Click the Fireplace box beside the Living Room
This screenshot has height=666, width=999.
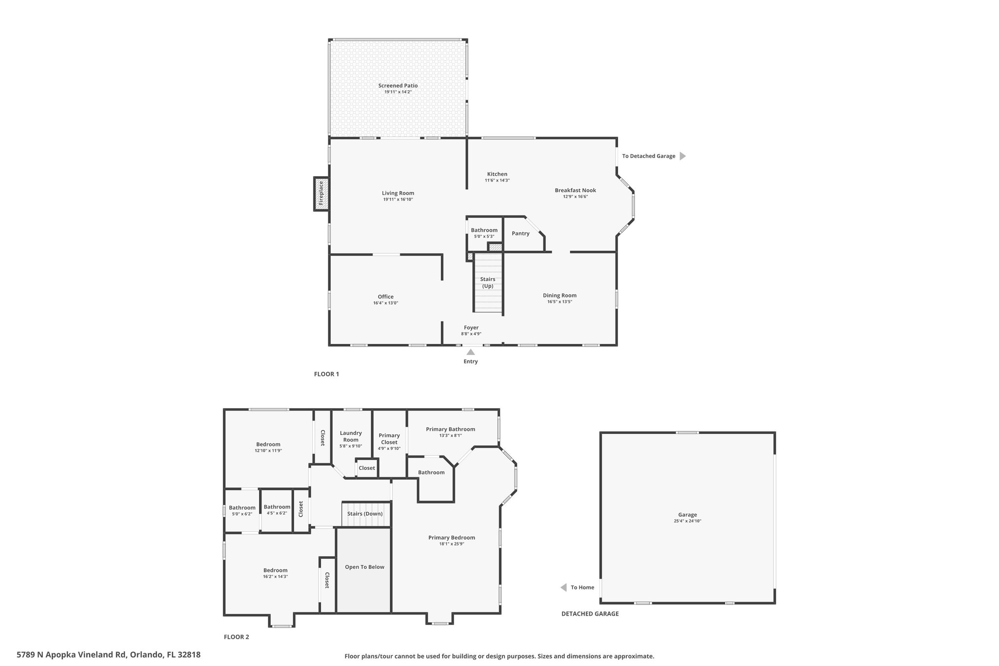pyautogui.click(x=320, y=194)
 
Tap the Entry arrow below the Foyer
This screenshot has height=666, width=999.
pyautogui.click(x=471, y=352)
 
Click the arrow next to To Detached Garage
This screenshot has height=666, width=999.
pyautogui.click(x=683, y=156)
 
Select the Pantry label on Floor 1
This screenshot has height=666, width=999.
pyautogui.click(x=520, y=233)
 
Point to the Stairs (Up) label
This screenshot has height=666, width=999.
pyautogui.click(x=488, y=283)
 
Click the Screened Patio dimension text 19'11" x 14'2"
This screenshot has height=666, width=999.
pyautogui.click(x=398, y=92)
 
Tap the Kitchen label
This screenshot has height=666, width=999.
pyautogui.click(x=497, y=174)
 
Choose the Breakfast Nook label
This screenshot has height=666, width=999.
pyautogui.click(x=575, y=190)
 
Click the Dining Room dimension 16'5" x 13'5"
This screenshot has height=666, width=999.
pyautogui.click(x=559, y=302)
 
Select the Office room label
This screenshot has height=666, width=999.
pyautogui.click(x=385, y=297)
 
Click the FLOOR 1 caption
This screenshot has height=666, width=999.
pyautogui.click(x=326, y=374)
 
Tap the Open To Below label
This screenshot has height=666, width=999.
pyautogui.click(x=364, y=567)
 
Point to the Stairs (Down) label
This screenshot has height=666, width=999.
pyautogui.click(x=365, y=514)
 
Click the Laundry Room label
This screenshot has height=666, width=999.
pyautogui.click(x=351, y=436)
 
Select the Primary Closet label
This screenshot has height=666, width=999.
pyautogui.click(x=389, y=439)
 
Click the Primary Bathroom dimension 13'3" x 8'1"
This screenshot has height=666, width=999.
pyautogui.click(x=450, y=436)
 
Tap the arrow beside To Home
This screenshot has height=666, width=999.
pyautogui.click(x=563, y=587)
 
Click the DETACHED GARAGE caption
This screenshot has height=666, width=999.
pyautogui.click(x=590, y=614)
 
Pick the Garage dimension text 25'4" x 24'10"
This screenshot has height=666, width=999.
pyautogui.click(x=687, y=521)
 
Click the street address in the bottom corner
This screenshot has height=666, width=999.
pyautogui.click(x=108, y=655)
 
